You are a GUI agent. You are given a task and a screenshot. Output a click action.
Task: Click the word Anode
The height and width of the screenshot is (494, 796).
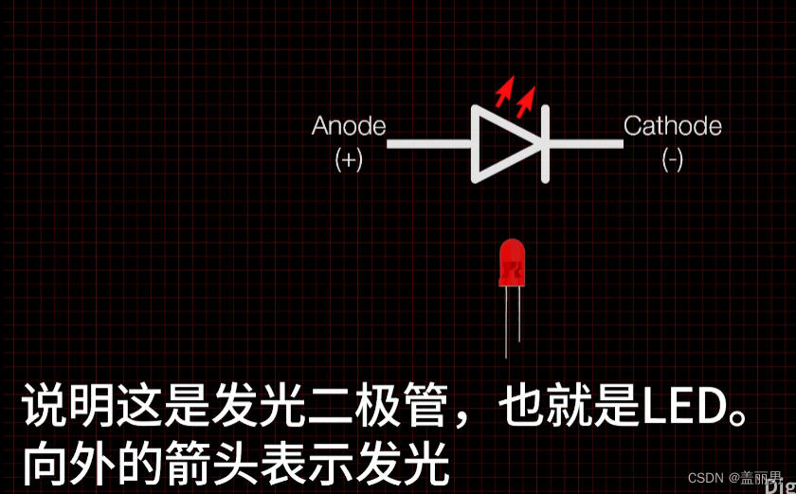(x=349, y=126)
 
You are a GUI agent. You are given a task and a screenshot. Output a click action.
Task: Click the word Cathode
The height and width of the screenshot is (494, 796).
(x=672, y=126)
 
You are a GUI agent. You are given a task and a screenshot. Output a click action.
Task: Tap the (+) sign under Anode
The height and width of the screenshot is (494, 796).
(x=349, y=159)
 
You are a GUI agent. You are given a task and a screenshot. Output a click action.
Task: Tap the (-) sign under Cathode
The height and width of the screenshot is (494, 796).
(x=672, y=159)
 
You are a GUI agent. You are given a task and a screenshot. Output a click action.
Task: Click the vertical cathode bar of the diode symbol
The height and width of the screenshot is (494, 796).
(x=545, y=144)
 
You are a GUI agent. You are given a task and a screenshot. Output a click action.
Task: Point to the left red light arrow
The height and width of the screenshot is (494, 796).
(x=504, y=91)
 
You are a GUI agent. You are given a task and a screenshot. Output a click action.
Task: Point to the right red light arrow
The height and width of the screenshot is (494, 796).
(x=526, y=96)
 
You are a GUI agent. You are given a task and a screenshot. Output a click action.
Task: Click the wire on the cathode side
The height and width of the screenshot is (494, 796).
(x=583, y=144)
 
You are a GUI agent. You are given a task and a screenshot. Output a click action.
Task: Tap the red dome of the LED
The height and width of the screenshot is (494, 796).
(x=512, y=261)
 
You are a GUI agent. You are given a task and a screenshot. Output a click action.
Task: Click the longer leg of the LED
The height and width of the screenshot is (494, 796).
(x=506, y=322)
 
